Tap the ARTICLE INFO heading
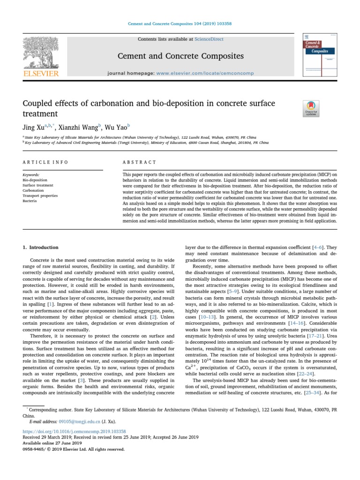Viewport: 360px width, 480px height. [45, 162]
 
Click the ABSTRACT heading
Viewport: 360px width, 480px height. [139, 162]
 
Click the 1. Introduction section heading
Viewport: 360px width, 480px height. [41, 247]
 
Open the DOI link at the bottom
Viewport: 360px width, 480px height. [74, 431]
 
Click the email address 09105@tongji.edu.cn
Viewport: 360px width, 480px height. [71, 421]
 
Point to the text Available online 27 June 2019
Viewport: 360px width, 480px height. [52, 442]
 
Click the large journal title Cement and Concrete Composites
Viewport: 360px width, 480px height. [180, 56]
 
